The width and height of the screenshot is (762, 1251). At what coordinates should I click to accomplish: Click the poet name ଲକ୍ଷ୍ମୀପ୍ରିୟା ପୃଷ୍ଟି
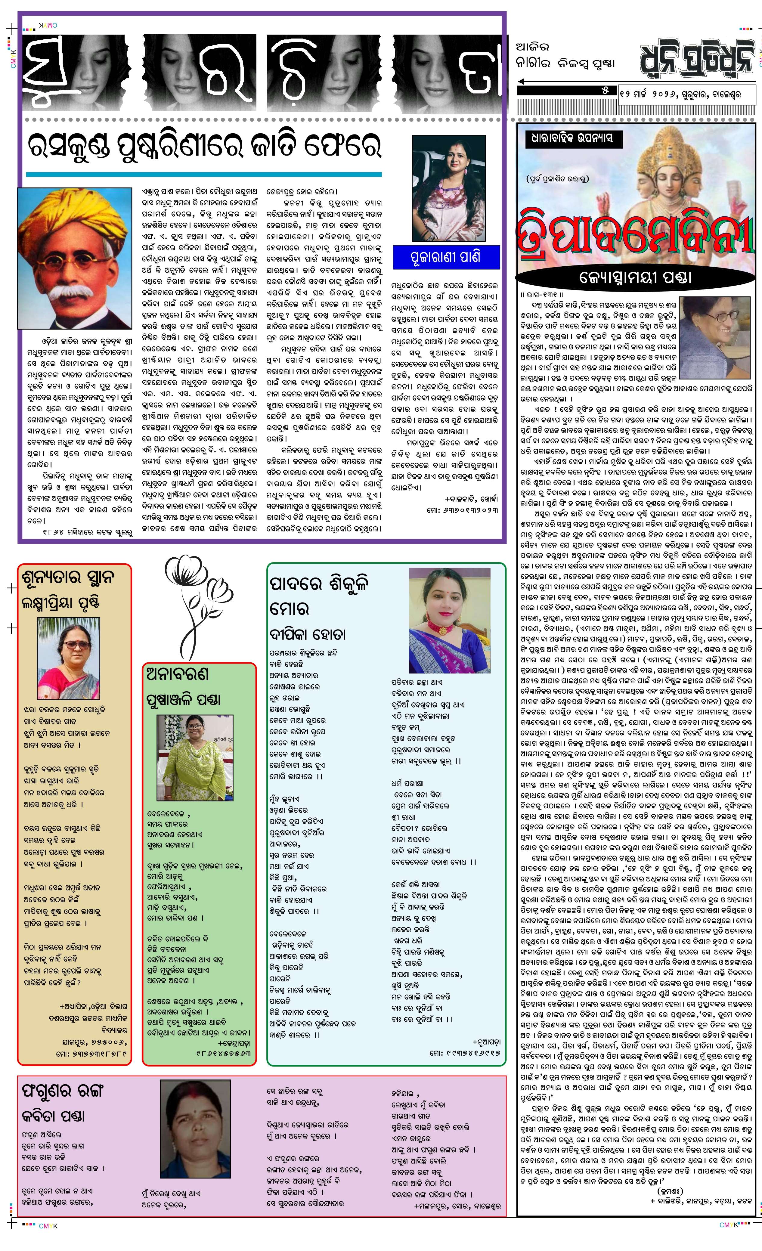click(x=60, y=603)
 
